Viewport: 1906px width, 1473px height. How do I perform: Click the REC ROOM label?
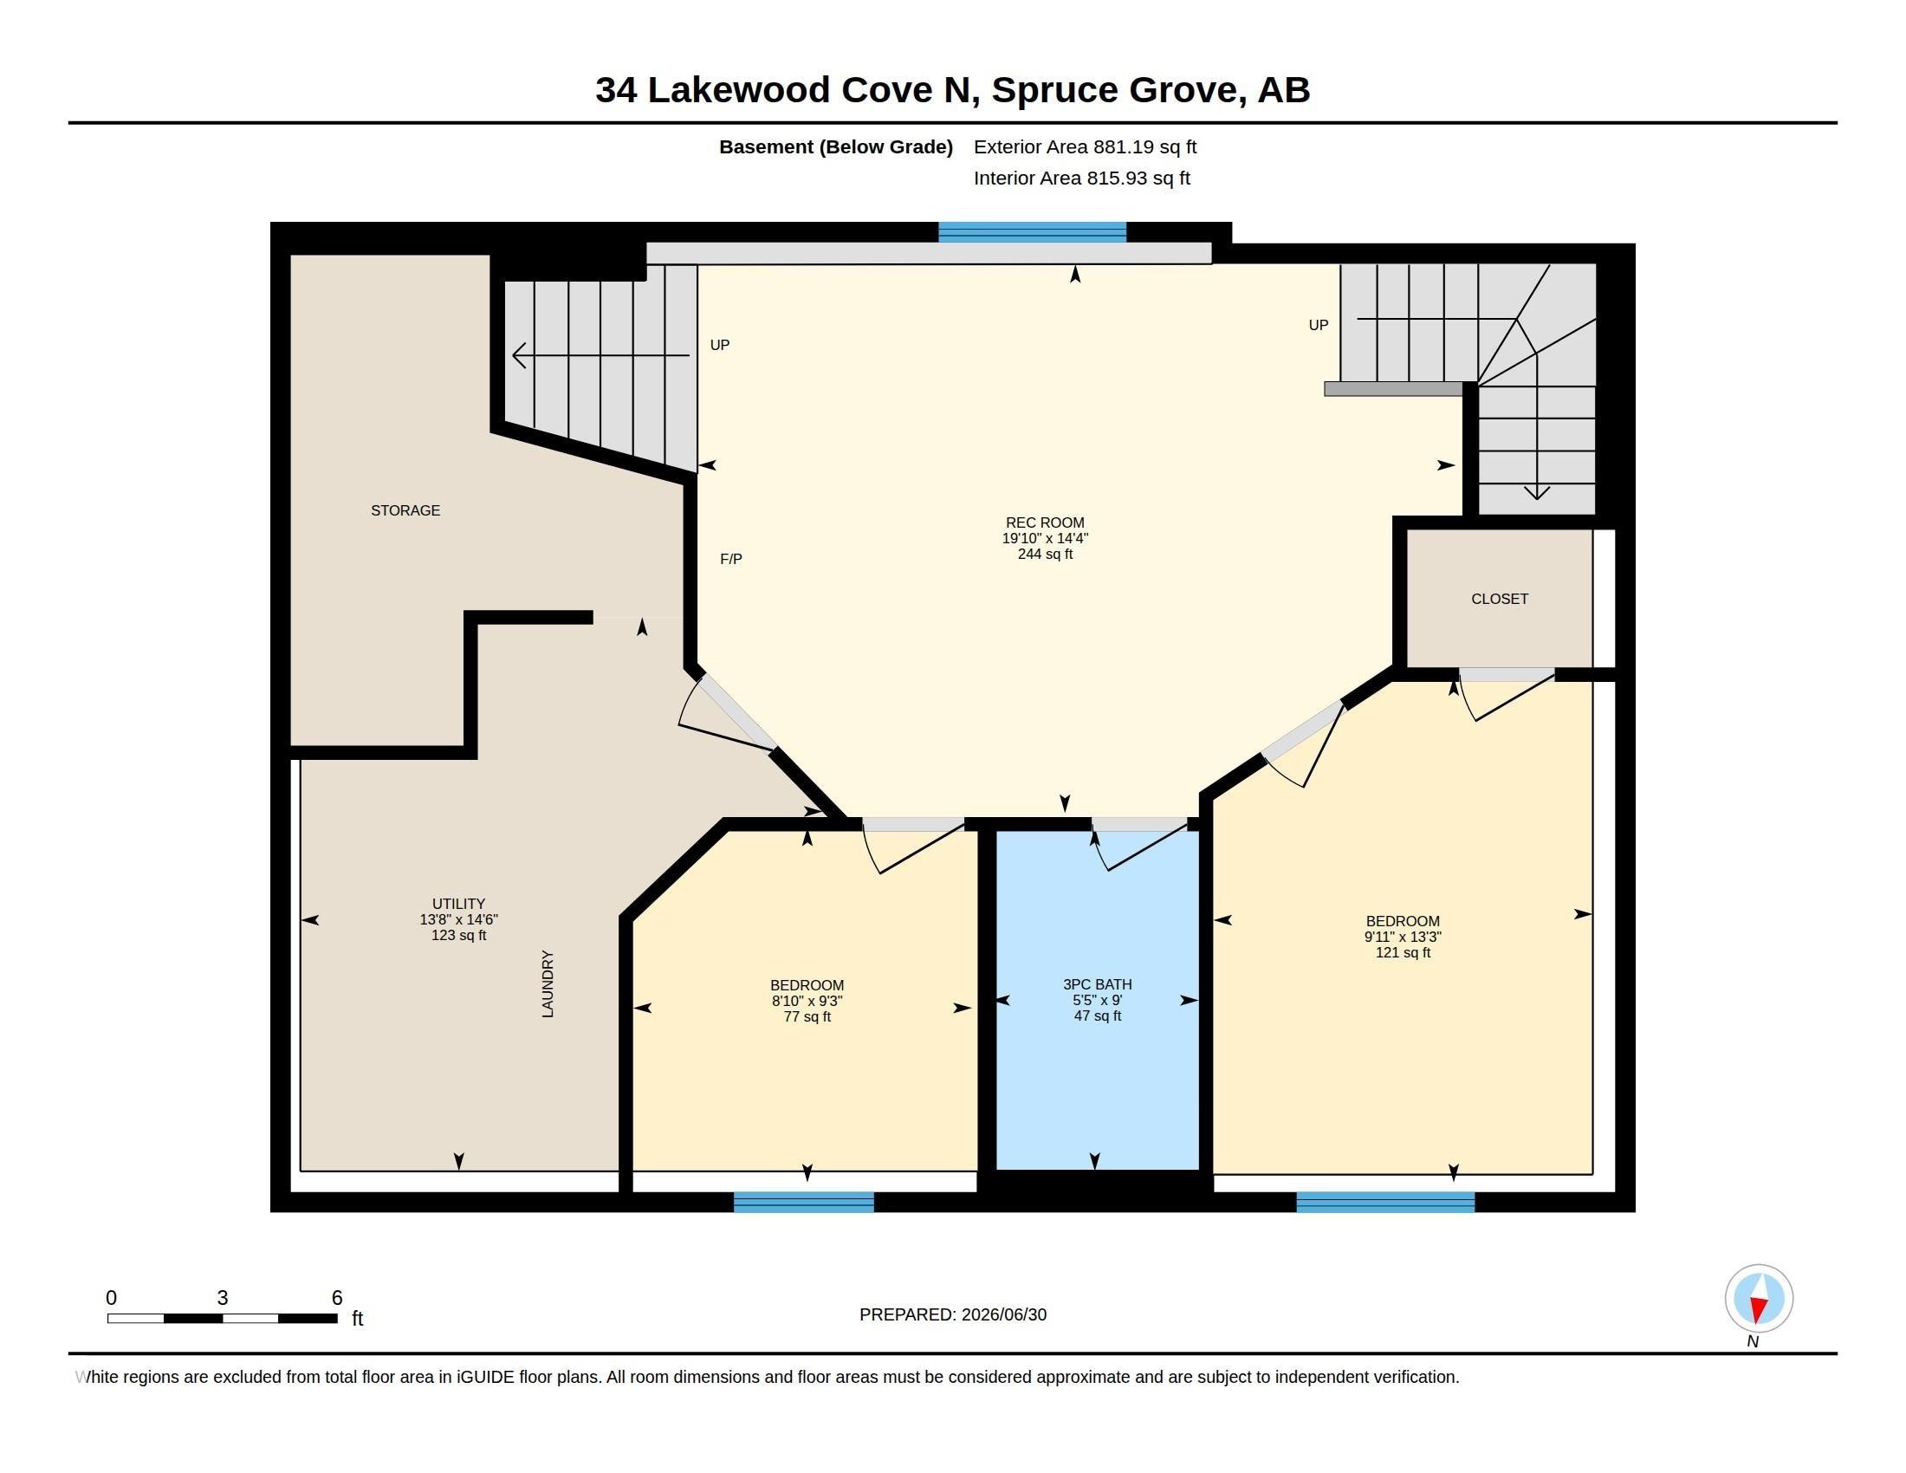click(x=1045, y=522)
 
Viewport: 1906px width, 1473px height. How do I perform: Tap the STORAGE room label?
click(x=405, y=510)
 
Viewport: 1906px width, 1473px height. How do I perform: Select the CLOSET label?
click(x=1500, y=599)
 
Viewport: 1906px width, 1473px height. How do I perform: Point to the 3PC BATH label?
click(x=1097, y=984)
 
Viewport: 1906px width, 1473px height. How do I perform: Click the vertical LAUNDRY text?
click(x=548, y=983)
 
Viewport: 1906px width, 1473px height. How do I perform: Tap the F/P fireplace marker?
click(x=731, y=559)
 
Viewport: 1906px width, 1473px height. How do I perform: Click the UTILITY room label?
click(x=458, y=904)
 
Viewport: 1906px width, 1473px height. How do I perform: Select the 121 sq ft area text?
click(x=1403, y=953)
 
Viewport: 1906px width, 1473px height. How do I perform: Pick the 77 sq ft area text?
click(x=807, y=1016)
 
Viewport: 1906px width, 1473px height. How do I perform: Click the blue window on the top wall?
click(x=1033, y=232)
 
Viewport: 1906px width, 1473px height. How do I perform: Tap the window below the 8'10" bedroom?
click(x=804, y=1202)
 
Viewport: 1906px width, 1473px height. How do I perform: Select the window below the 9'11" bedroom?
click(x=1385, y=1202)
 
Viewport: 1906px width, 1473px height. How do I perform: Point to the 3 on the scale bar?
click(x=223, y=1298)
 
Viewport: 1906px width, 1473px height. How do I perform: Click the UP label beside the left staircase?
click(x=720, y=345)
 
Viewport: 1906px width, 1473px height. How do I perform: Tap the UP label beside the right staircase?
click(x=1318, y=326)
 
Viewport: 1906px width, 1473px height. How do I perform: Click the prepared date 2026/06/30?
click(x=1003, y=1315)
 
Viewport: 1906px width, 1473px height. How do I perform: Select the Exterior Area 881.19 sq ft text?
click(x=1085, y=146)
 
